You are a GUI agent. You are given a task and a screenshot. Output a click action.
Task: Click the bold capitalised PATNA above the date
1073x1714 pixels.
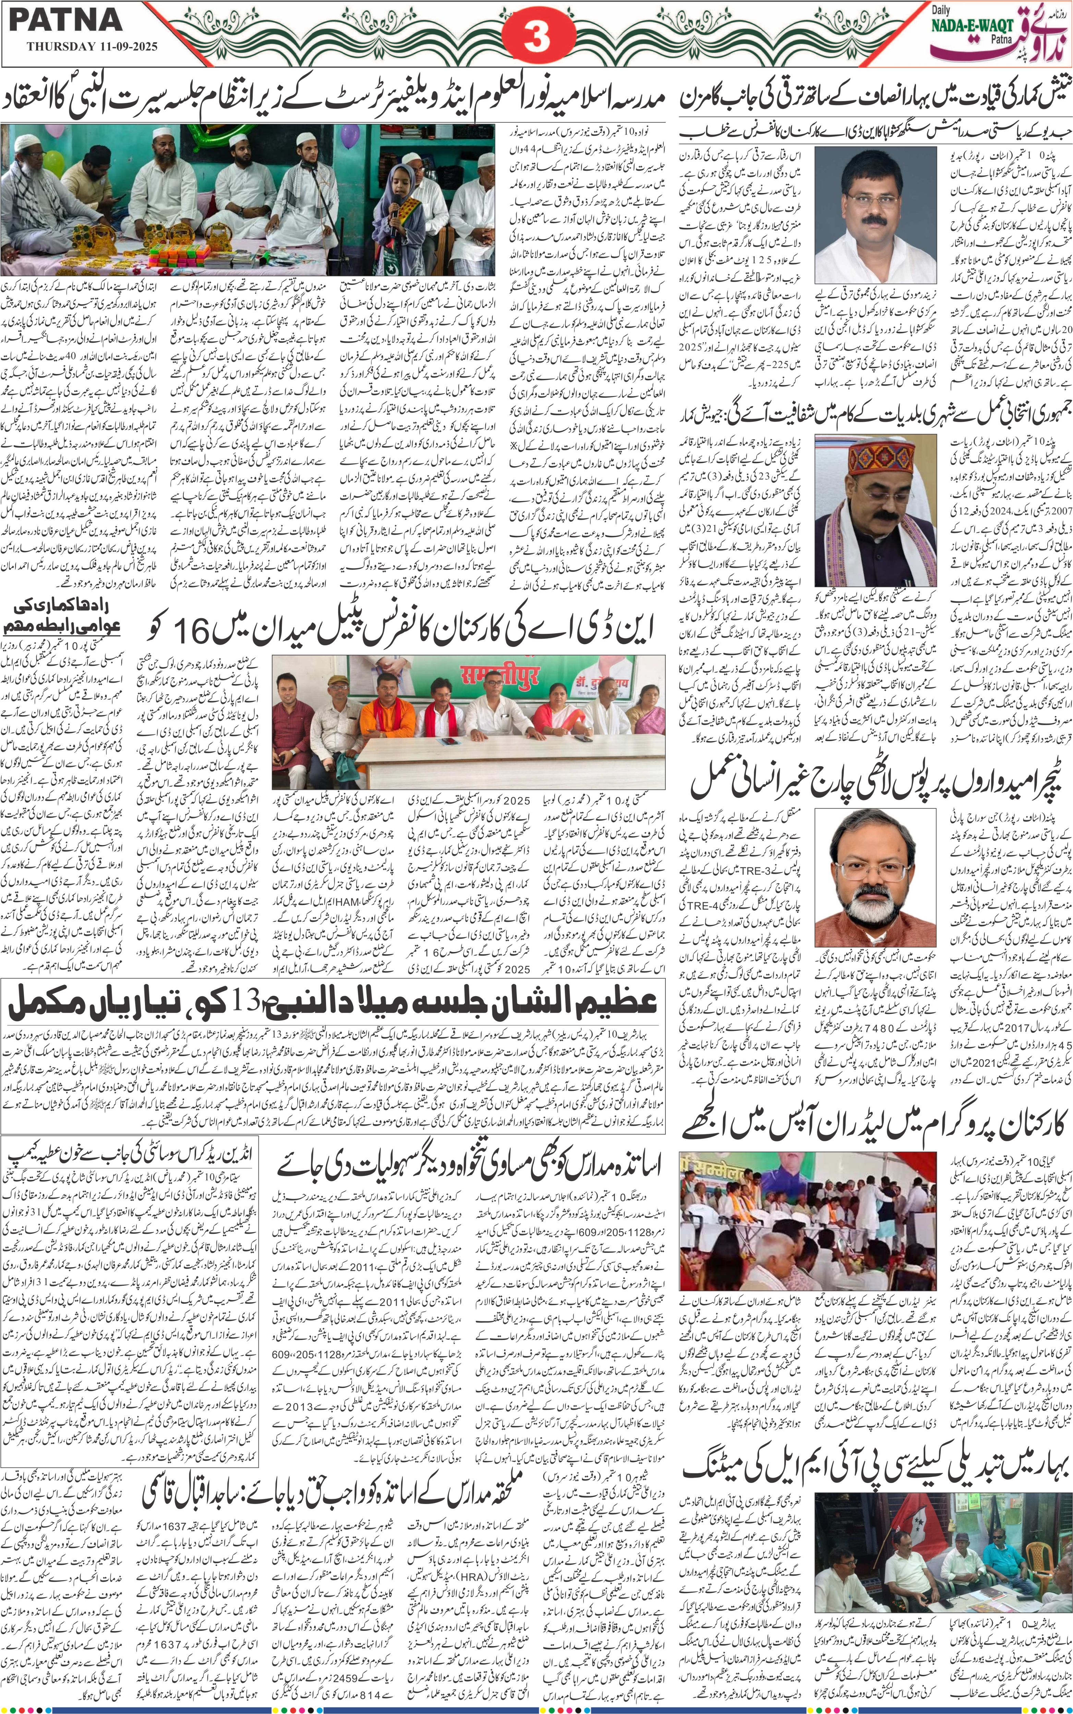coord(65,19)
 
